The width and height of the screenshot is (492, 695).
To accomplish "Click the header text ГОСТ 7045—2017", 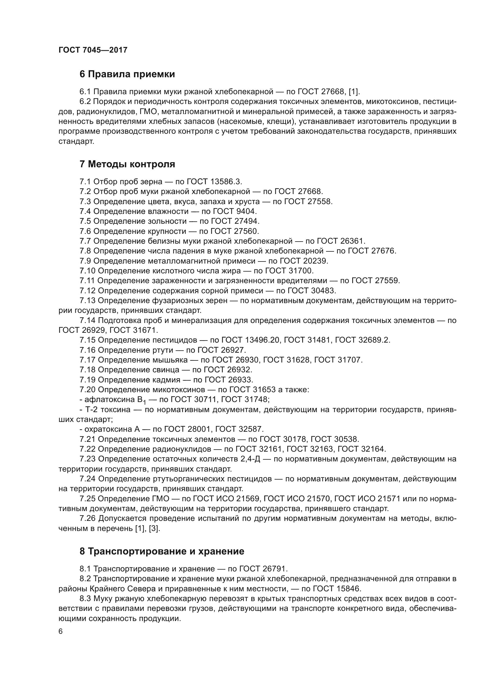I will [93, 50].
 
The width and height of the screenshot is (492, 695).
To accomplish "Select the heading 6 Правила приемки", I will [127, 74].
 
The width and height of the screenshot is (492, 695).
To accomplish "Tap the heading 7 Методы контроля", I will [127, 164].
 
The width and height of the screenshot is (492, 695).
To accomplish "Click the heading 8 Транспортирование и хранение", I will [162, 551].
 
